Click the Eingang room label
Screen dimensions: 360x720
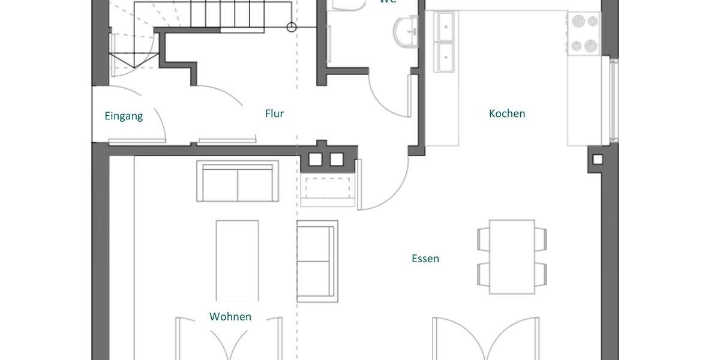(124, 116)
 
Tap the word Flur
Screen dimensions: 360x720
(274, 113)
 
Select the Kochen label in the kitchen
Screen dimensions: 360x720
(507, 113)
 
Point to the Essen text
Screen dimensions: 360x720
(425, 259)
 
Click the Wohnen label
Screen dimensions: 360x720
(230, 316)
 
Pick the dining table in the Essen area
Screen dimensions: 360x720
(512, 257)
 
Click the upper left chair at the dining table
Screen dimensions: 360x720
(483, 239)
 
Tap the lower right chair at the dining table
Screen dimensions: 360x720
(541, 274)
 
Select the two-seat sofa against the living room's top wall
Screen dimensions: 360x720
(238, 181)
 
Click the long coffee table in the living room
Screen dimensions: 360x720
(238, 260)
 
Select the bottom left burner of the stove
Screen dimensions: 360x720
(577, 45)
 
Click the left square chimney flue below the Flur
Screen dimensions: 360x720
(316, 160)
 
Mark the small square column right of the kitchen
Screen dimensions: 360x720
(597, 160)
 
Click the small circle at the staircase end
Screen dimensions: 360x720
(292, 26)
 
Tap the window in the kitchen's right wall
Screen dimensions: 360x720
(613, 100)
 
